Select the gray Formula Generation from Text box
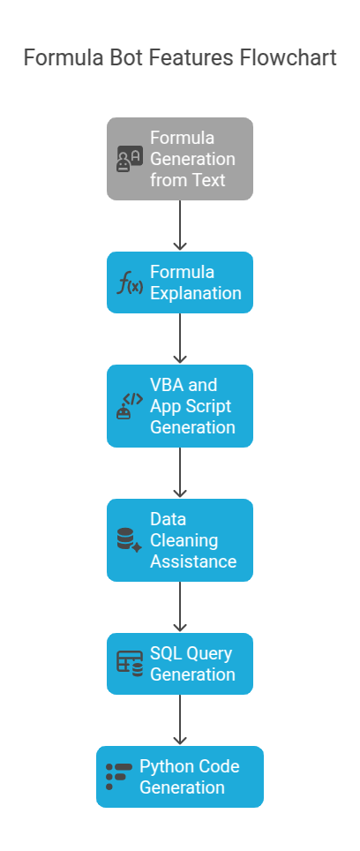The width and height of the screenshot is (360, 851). (x=180, y=159)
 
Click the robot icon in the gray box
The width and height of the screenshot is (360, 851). (x=130, y=160)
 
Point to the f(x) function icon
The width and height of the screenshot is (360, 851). (x=130, y=283)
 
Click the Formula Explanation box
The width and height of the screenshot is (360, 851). (x=180, y=282)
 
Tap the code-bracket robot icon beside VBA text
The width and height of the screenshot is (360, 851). (x=130, y=406)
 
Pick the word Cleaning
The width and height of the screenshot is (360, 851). (x=184, y=540)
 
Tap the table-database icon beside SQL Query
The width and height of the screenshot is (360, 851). (x=130, y=664)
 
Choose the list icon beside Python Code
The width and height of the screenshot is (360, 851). (x=118, y=777)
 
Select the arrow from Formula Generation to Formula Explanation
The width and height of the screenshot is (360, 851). (x=180, y=226)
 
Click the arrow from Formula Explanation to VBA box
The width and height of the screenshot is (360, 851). (x=180, y=339)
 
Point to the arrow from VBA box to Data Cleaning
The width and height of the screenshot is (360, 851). (x=180, y=473)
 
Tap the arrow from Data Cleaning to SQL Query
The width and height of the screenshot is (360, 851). (x=180, y=607)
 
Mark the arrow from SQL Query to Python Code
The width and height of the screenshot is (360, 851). (x=180, y=720)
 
